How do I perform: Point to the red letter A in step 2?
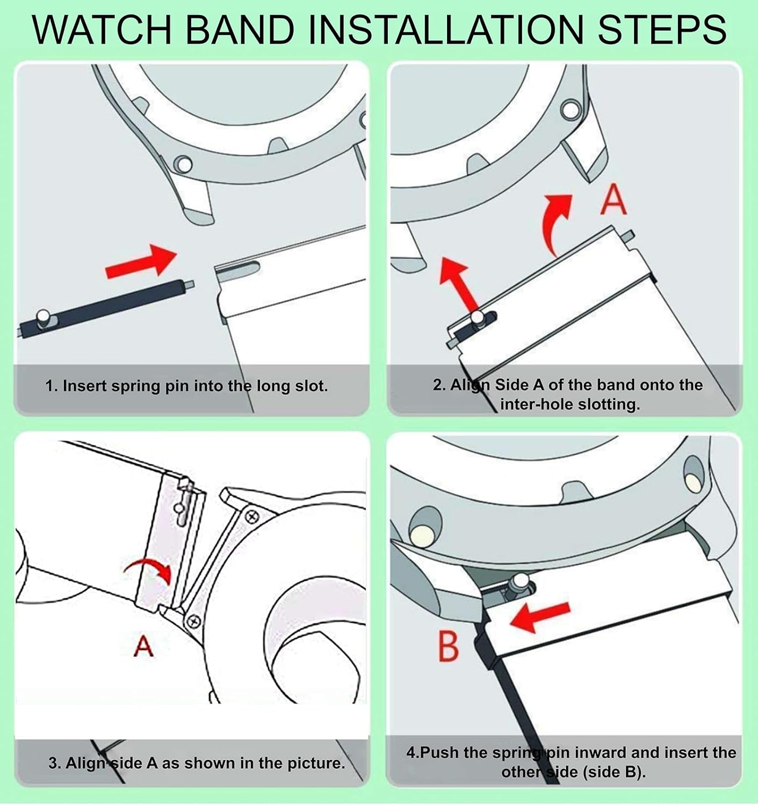pyautogui.click(x=613, y=200)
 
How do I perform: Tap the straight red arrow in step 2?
pyautogui.click(x=459, y=282)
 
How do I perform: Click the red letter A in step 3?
pyautogui.click(x=143, y=646)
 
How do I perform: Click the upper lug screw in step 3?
pyautogui.click(x=252, y=517)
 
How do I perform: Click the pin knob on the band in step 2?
pyautogui.click(x=476, y=319)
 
